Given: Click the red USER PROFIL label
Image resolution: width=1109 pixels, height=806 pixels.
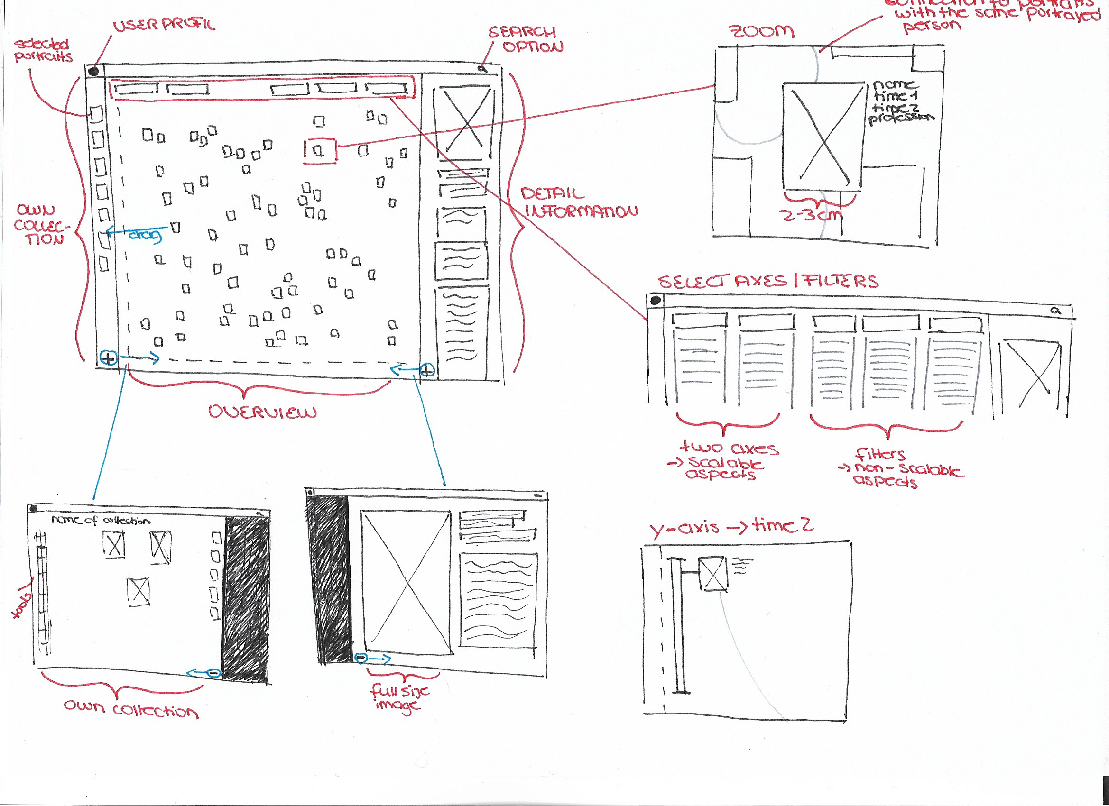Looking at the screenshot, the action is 164,25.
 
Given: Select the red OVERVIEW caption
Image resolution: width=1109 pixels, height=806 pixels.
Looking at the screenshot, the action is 263,412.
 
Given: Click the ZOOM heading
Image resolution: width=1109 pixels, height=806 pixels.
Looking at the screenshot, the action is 762,32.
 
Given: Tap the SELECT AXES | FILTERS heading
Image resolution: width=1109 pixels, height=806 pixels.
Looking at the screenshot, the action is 767,282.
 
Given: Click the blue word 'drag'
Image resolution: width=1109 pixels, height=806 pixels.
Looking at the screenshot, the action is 145,236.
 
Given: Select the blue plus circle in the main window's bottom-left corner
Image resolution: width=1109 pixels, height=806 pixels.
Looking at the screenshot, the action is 108,358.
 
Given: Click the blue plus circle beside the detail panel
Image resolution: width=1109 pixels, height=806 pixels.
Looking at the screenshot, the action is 427,371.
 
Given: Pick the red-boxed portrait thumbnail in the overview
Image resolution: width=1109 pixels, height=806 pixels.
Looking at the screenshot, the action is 319,151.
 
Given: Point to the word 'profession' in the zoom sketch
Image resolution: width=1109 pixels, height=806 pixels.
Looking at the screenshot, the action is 901,118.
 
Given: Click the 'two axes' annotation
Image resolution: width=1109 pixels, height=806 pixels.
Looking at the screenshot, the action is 729,448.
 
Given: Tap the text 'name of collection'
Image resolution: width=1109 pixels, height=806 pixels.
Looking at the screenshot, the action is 101,520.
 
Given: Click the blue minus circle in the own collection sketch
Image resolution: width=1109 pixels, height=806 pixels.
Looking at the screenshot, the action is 213,673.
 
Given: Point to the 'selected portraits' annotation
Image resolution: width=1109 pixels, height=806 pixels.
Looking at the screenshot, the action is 43,51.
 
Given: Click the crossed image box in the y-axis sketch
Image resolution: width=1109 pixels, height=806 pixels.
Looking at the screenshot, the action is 712,574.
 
